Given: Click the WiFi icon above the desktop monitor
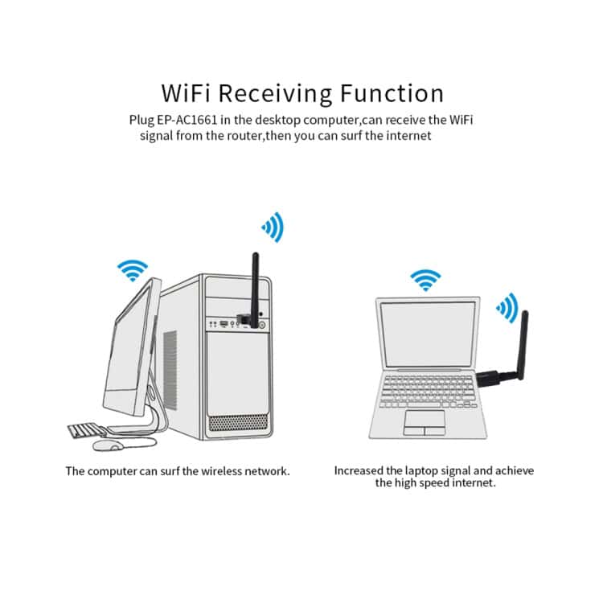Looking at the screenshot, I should click(133, 270).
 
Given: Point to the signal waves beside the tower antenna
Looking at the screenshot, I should click(273, 228).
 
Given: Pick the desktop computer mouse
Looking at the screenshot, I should click(106, 444).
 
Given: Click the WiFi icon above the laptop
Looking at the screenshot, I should click(425, 280).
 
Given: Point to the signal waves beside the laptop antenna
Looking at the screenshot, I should click(507, 307).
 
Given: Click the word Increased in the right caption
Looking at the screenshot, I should click(360, 470).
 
